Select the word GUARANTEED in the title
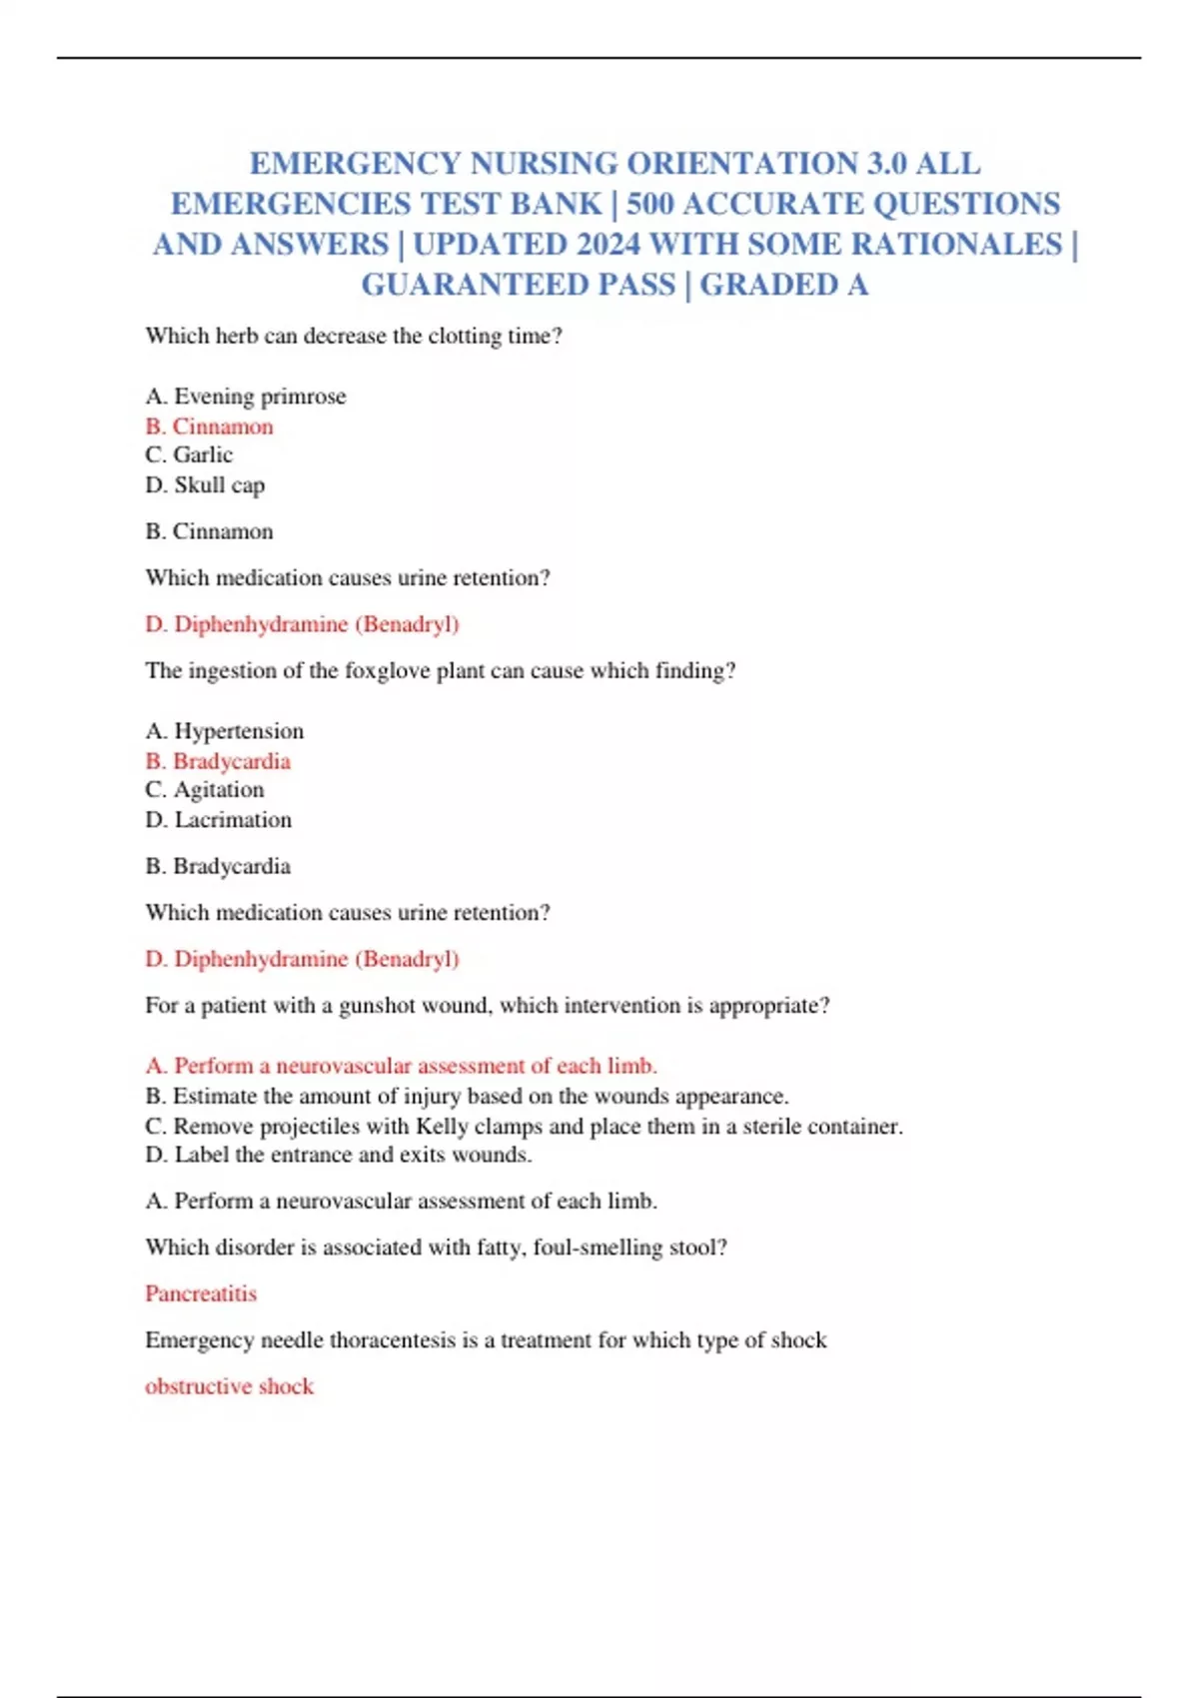[x=518, y=285]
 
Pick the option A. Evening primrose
[x=246, y=397]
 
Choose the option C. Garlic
[x=189, y=455]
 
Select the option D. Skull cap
[x=205, y=485]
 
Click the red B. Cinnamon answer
[x=209, y=426]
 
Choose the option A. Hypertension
[x=225, y=731]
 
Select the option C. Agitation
[x=205, y=790]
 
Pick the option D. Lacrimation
[x=219, y=820]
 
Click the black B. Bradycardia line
[x=218, y=866]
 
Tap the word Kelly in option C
[x=442, y=1127]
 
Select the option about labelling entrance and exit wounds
[x=339, y=1156]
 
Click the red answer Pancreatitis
[x=201, y=1294]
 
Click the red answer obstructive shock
[x=229, y=1386]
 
